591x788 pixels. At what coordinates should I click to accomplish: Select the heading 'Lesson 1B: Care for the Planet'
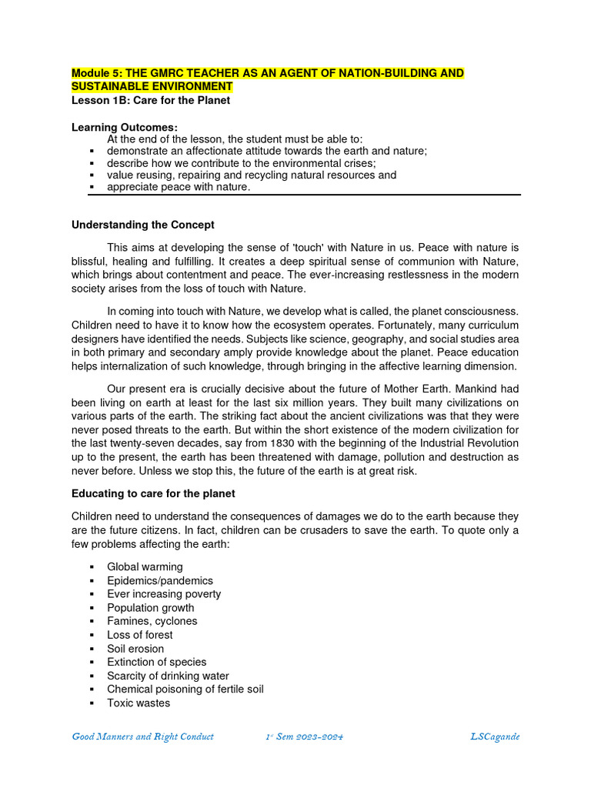coord(151,100)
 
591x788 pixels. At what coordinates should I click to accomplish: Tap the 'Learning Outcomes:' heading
coord(125,126)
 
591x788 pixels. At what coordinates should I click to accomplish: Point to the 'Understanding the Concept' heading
coord(143,225)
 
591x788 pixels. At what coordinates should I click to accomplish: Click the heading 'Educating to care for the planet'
coord(153,493)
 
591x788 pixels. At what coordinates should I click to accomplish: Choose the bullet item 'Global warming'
coord(145,567)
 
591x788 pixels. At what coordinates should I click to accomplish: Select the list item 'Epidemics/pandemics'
coord(160,581)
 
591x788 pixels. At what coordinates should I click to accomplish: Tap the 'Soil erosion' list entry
coord(135,649)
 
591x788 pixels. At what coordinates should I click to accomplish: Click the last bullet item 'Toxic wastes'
coord(139,703)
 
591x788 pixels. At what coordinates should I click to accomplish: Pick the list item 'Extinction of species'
coord(156,662)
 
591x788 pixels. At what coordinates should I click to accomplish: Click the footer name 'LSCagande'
coord(495,736)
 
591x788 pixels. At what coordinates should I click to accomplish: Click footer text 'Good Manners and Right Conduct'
coord(142,736)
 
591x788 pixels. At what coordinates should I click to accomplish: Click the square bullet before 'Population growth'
coord(91,608)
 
